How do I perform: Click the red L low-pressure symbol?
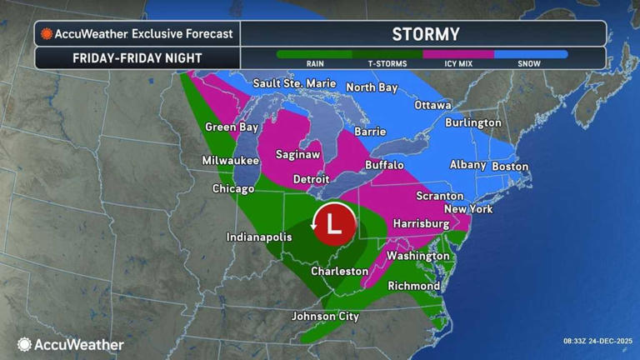click(334, 223)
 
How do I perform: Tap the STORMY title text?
click(425, 34)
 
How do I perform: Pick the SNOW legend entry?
click(528, 63)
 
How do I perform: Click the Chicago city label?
click(232, 189)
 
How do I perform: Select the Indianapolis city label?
click(260, 237)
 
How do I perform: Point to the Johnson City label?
click(325, 317)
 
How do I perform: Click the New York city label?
click(468, 208)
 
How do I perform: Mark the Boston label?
click(510, 166)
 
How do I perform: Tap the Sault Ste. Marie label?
click(294, 83)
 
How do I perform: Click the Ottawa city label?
click(432, 105)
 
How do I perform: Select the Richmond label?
click(414, 286)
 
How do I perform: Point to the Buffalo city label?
click(384, 165)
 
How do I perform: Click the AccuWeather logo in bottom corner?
click(71, 344)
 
